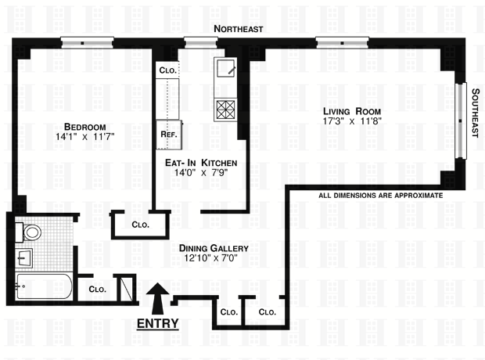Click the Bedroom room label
pyautogui.click(x=85, y=127)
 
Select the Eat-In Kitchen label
pyautogui.click(x=201, y=163)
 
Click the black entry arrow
pyautogui.click(x=158, y=298)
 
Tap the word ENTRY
pyautogui.click(x=158, y=322)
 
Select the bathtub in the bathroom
pyautogui.click(x=43, y=286)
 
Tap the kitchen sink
pyautogui.click(x=225, y=68)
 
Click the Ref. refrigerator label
pyautogui.click(x=168, y=134)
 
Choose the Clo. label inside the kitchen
pyautogui.click(x=167, y=70)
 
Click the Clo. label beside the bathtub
pyautogui.click(x=97, y=289)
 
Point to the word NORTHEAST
pyautogui.click(x=239, y=29)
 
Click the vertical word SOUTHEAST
pyautogui.click(x=475, y=113)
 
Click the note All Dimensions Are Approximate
pyautogui.click(x=381, y=195)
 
